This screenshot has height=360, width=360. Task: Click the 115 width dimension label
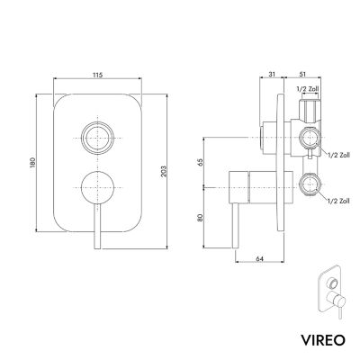pos(97,75)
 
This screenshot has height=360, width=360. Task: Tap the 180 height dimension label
pos(33,162)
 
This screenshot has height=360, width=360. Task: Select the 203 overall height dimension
pos(164,171)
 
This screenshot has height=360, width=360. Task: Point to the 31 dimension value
pos(272,75)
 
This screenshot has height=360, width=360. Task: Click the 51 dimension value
pos(302,75)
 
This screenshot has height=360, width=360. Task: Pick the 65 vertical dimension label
pos(201,162)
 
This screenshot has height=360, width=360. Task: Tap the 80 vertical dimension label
pos(201,217)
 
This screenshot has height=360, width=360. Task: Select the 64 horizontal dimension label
pos(260,258)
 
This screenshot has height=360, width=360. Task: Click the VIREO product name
pos(323,340)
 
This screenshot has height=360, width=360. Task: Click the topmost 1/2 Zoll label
pos(308,89)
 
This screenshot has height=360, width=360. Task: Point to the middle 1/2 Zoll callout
pos(339,155)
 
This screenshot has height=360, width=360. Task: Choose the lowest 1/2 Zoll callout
pos(338,201)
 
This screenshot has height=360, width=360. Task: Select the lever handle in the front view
pos(97,227)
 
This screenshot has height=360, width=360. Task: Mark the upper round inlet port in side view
pos(310,138)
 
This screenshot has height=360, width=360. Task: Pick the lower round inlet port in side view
pos(310,184)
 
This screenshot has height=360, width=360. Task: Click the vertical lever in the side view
pos(236,226)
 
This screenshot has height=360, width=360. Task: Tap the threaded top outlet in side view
pos(310,110)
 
